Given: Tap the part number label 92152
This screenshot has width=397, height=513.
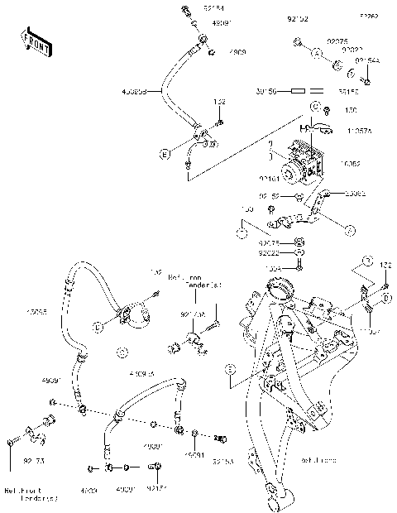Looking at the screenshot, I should (297, 17).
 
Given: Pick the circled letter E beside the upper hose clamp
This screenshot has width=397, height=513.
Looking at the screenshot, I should (164, 154).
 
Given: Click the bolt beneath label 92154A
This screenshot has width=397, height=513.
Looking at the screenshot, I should (367, 80).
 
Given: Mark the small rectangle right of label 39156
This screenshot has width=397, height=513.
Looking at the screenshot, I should (317, 91).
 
